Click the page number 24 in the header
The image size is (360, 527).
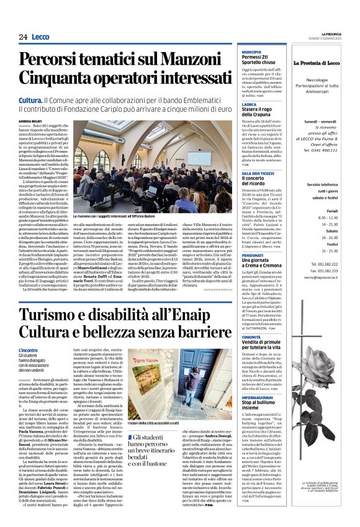coord(23,37)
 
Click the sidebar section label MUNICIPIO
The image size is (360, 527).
coord(251,52)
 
